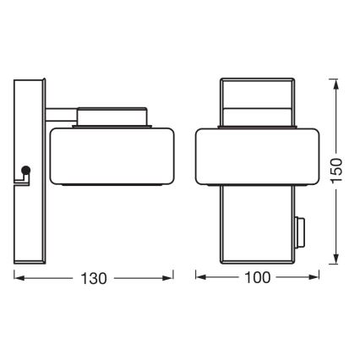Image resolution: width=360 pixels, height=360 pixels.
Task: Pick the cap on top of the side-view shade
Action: point(113,117)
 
